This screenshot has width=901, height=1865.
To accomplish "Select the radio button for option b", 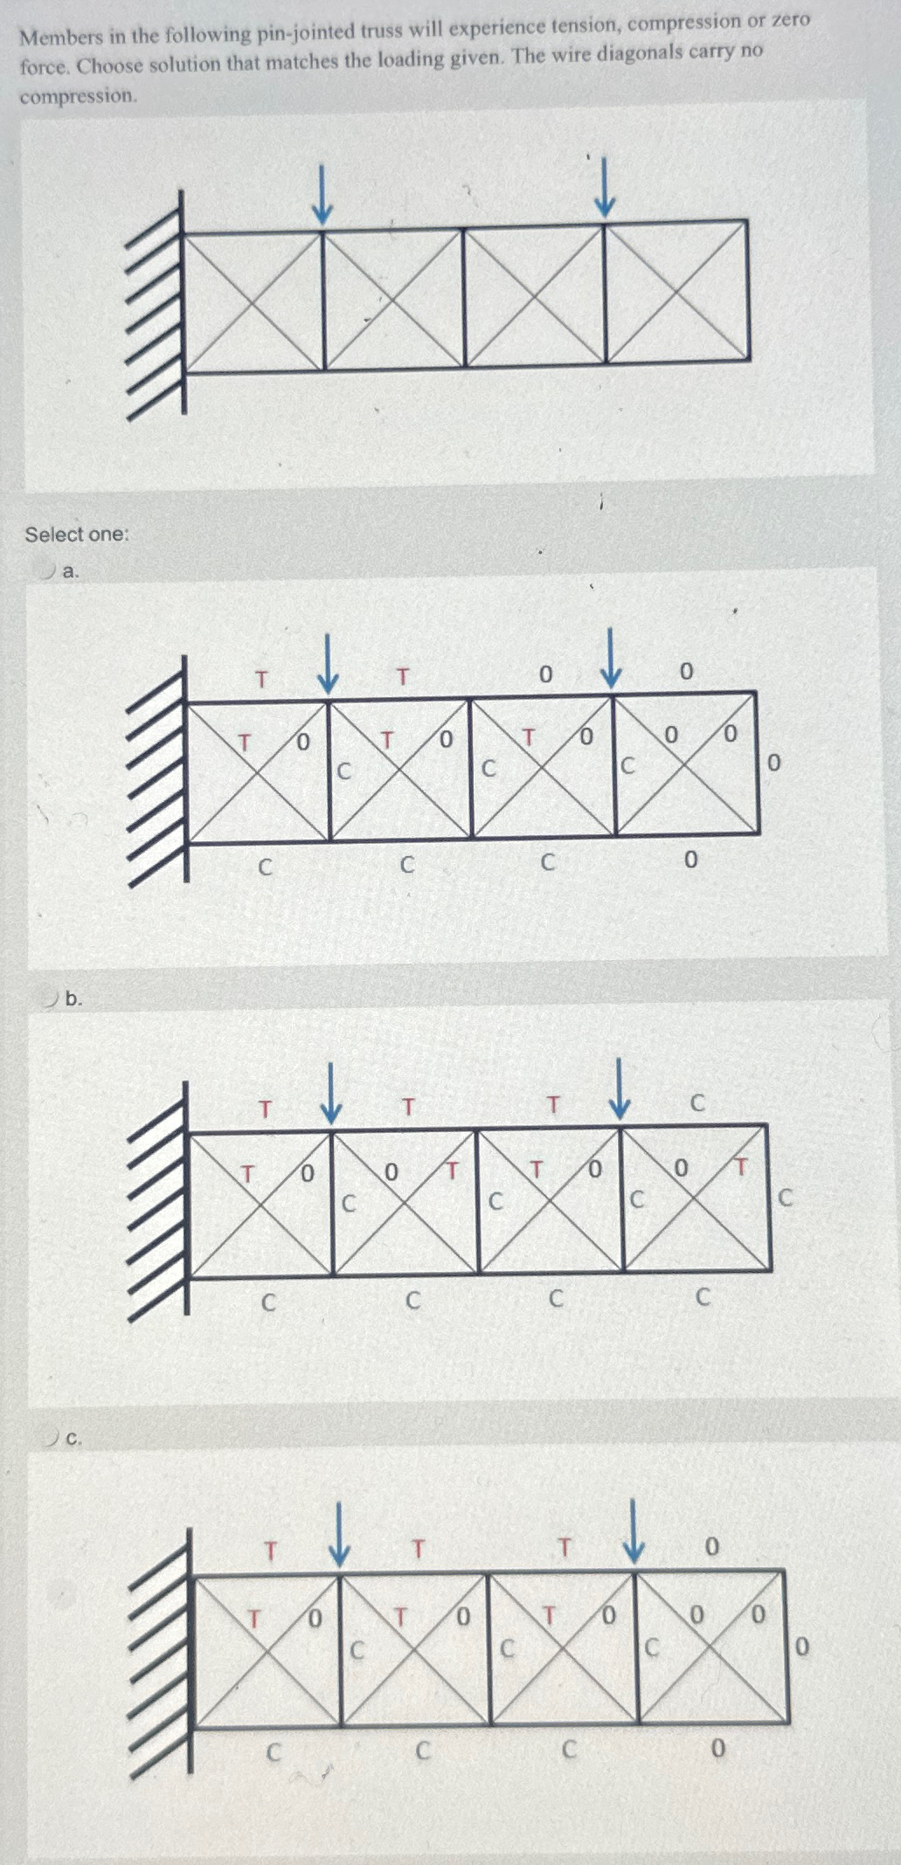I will pos(52,998).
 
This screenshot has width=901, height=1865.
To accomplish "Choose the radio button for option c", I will pos(52,1436).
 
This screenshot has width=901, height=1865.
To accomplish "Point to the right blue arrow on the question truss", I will pos(604,186).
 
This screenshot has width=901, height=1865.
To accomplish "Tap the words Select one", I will pos(76,534).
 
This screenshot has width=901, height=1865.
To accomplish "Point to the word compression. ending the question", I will pos(78,95).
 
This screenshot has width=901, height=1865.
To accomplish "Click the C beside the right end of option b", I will pos(784,1198).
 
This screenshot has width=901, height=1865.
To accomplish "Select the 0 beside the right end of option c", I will pos(802,1647).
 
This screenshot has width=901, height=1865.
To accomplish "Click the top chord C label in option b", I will pos(697,1103).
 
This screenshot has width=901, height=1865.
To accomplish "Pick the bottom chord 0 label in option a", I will pos(690,860).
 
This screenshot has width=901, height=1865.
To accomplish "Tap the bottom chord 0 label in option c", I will pos(717,1748).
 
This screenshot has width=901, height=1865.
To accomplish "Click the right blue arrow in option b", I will pos(619,1088).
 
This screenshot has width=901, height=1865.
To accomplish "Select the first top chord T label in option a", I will pos(260,678).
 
